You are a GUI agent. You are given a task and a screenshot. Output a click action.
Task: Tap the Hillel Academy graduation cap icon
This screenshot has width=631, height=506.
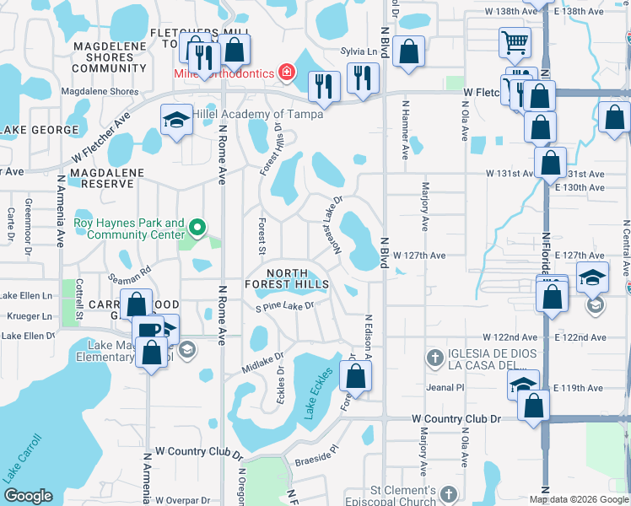pos(177,119)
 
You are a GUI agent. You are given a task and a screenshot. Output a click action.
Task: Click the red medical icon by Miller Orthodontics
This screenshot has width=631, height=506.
pos(287,73)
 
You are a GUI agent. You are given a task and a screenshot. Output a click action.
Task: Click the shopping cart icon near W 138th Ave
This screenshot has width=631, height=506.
pos(514,40)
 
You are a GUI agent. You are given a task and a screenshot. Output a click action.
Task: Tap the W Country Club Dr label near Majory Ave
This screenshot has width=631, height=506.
pos(456,418)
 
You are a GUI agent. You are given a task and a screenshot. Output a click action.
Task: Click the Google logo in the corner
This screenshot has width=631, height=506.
pos(28,496)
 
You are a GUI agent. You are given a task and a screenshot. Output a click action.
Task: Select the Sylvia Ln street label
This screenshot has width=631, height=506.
pos(358,51)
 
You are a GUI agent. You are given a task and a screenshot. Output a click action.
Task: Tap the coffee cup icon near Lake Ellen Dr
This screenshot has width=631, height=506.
pos(148,330)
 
